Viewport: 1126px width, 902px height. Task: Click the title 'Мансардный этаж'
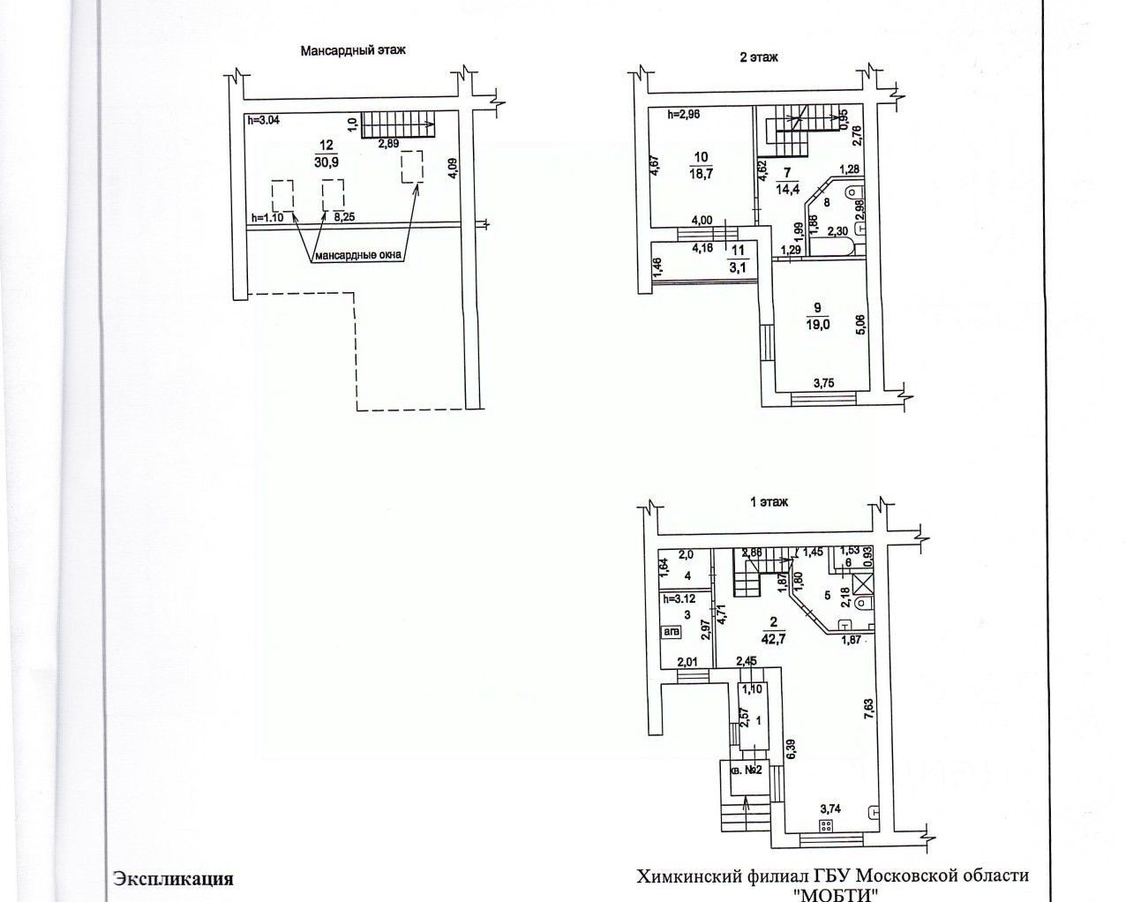[x=352, y=51]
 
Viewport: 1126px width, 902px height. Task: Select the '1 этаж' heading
[x=769, y=502]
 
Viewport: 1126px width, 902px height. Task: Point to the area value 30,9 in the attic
[x=326, y=162]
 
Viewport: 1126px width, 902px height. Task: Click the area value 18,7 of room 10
[x=702, y=175]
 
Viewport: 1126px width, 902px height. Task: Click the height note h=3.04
[x=265, y=121]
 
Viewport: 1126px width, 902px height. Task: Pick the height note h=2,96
[x=685, y=114]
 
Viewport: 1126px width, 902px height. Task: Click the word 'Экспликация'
[x=173, y=878]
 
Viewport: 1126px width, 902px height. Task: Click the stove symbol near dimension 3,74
[x=827, y=826]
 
